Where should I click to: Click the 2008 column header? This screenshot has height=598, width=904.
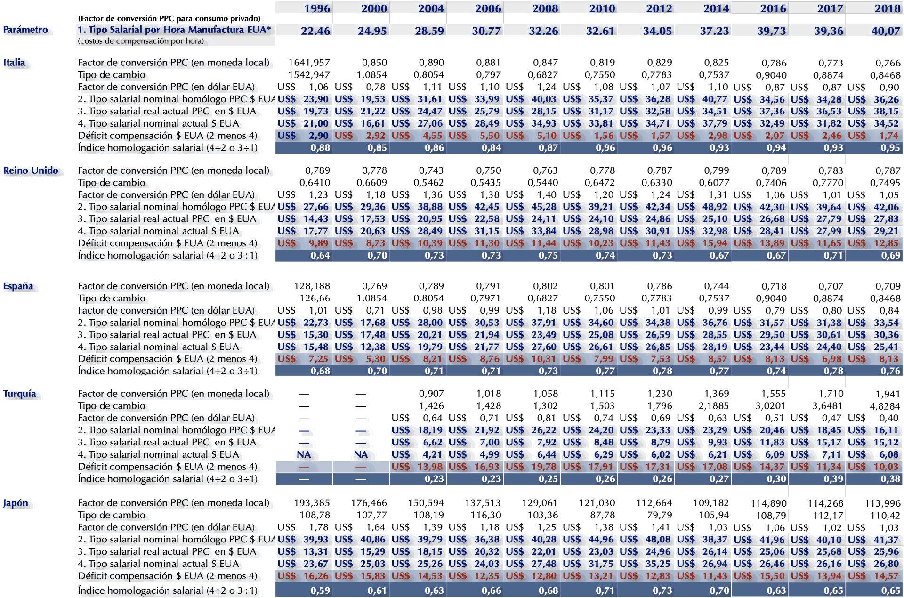point(545,8)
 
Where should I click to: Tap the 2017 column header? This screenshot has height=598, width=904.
point(830,8)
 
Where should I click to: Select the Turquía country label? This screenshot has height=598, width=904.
point(20,394)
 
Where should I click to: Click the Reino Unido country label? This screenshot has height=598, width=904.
point(31,170)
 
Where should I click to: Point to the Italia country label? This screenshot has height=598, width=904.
point(14,63)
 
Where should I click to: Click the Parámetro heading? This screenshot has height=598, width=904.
point(25,30)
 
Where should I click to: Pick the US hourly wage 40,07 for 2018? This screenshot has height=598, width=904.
point(885,31)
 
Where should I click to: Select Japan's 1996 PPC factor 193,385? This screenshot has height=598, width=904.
point(312,503)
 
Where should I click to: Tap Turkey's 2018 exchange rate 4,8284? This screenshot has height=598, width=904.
point(885,406)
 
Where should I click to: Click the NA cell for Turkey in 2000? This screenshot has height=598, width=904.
point(361,454)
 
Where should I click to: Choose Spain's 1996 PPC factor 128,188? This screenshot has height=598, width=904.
point(312,286)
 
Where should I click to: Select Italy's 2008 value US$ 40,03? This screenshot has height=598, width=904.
point(543,99)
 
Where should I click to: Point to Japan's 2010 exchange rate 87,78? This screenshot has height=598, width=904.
point(602,515)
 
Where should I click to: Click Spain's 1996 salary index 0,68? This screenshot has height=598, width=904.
point(320,371)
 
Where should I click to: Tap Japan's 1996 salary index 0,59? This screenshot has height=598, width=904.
point(320,590)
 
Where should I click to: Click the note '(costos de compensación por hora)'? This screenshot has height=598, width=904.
point(141,41)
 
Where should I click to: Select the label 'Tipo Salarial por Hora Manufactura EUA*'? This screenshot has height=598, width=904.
point(179,30)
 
